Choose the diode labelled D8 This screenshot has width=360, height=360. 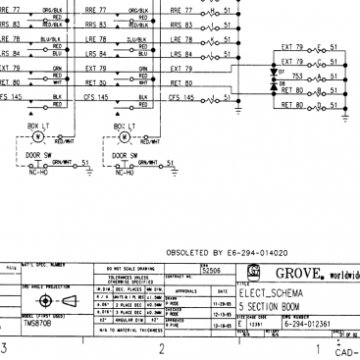pos(273,90)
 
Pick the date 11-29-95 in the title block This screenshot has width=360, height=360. pos(217,304)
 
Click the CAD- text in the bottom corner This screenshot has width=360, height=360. pos(346,354)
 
